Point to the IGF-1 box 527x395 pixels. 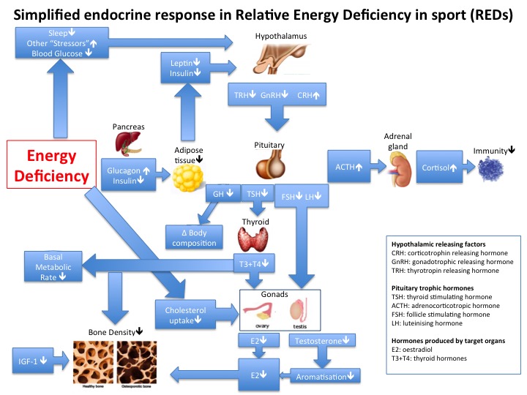pos(34,361)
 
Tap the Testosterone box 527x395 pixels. pos(323,341)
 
